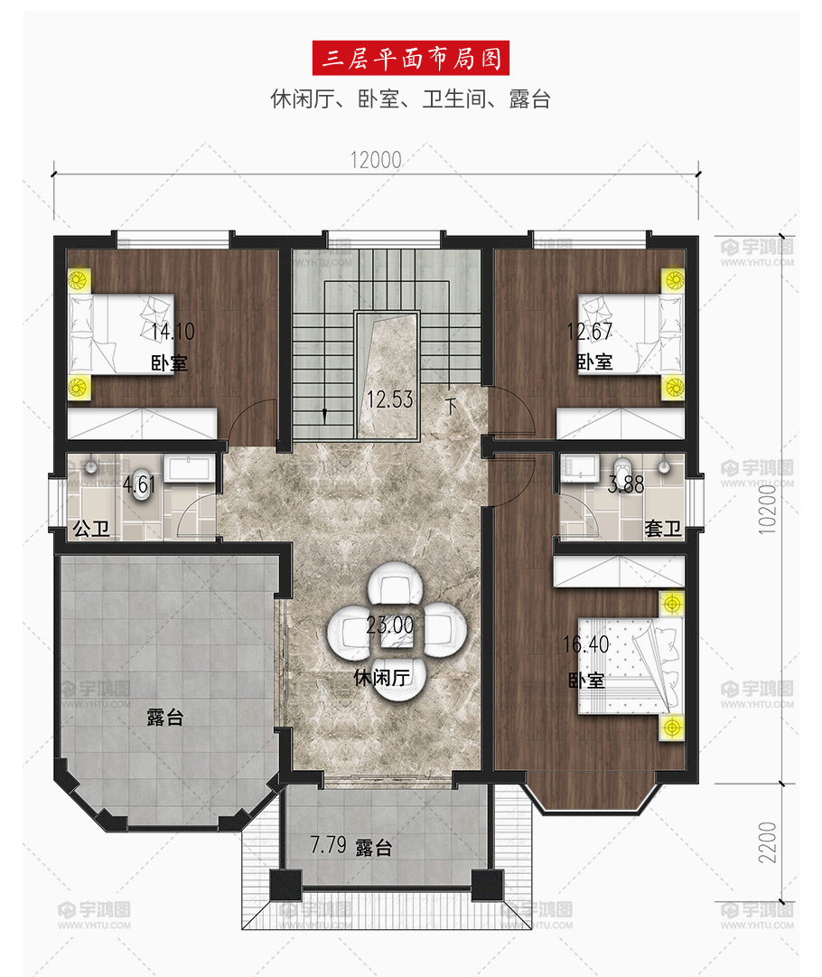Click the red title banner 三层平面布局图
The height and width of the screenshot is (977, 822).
point(410,58)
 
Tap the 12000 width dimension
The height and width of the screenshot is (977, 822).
point(376,160)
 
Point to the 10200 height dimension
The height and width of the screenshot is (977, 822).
point(768,509)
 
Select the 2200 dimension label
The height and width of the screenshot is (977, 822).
point(768,842)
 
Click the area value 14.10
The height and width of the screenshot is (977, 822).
point(173,332)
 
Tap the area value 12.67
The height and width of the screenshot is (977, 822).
point(589,332)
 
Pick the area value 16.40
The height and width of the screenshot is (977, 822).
point(585,644)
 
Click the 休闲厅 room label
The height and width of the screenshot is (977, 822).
point(382,677)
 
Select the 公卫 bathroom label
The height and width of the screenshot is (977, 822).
point(91,529)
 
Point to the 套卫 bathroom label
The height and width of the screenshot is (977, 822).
point(663,529)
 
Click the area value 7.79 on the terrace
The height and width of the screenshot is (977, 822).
point(328,845)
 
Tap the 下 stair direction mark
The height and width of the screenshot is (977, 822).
point(451,406)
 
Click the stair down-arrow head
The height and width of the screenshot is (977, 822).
point(324,417)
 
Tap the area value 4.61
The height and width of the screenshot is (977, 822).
point(138,484)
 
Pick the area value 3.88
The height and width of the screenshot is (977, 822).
point(625,484)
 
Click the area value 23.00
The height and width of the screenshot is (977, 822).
point(390,625)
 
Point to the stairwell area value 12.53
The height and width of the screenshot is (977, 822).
point(390,399)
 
